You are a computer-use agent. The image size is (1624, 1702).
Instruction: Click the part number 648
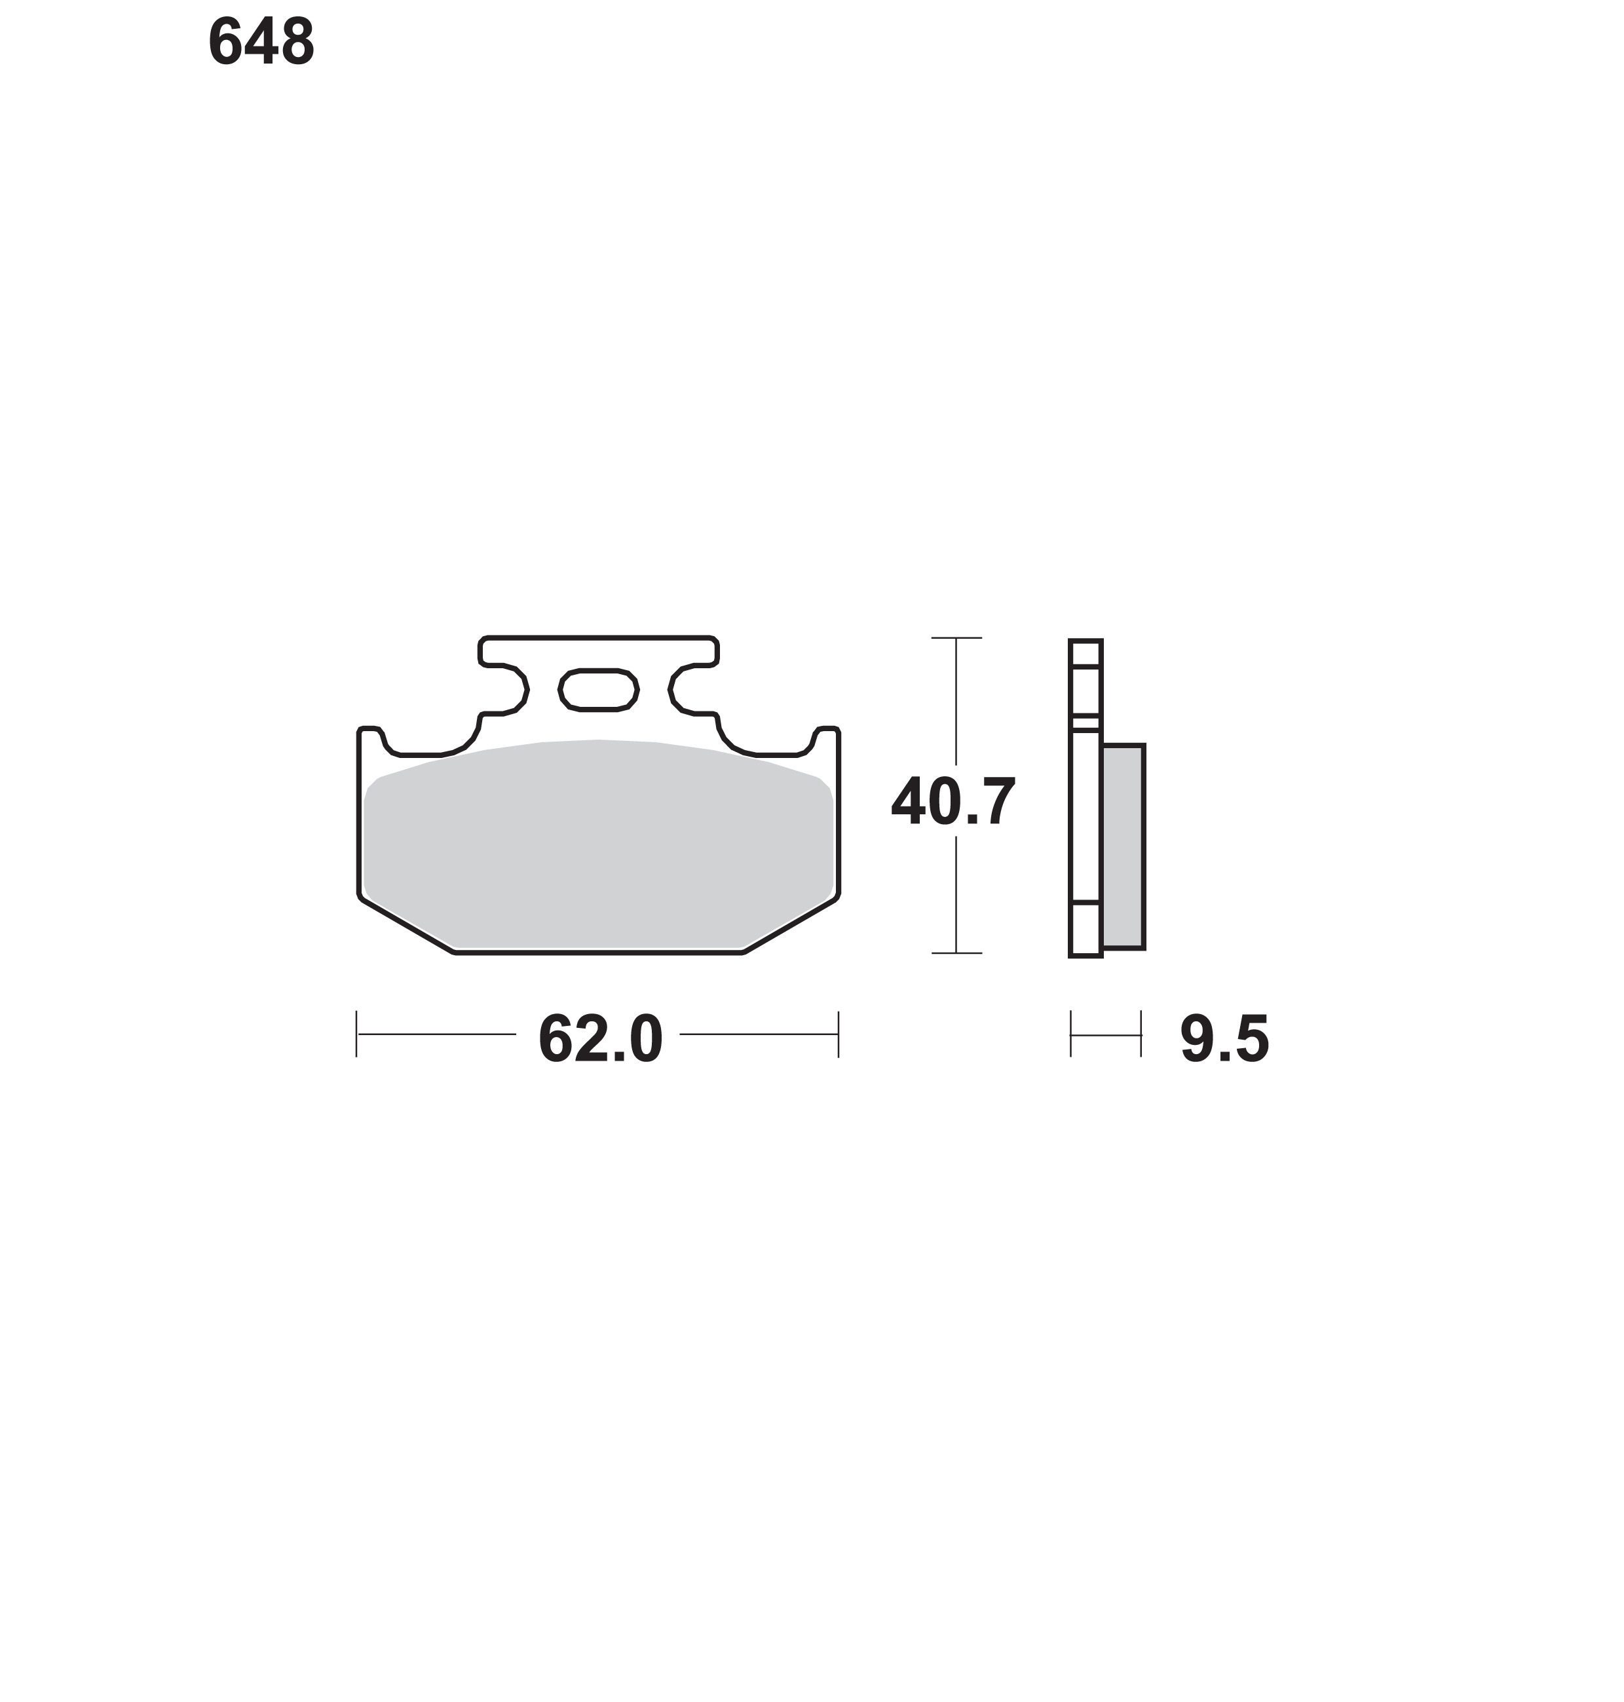pyautogui.click(x=261, y=41)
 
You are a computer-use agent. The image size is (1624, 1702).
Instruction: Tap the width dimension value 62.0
pyautogui.click(x=600, y=1039)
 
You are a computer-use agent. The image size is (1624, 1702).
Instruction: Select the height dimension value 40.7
pyautogui.click(x=953, y=802)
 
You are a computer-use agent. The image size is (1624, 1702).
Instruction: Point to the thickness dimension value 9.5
pyautogui.click(x=1224, y=1039)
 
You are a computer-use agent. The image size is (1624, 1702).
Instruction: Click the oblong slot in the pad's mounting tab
pyautogui.click(x=598, y=690)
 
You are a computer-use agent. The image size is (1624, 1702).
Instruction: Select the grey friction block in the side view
pyautogui.click(x=1123, y=846)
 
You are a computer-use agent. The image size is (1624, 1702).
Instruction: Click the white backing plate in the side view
pyautogui.click(x=1086, y=798)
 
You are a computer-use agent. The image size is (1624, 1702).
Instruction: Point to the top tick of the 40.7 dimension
pyautogui.click(x=956, y=638)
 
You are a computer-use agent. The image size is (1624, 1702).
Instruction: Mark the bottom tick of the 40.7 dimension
pyautogui.click(x=956, y=953)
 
